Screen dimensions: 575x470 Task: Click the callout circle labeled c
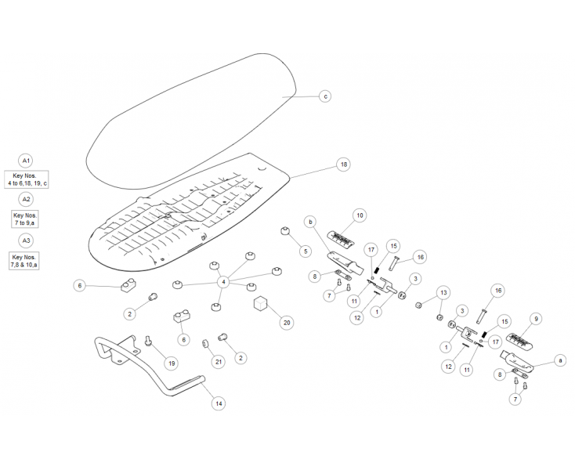point(325,96)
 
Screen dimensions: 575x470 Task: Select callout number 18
point(344,164)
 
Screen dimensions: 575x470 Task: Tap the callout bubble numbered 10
point(360,215)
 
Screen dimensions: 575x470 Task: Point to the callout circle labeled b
point(310,222)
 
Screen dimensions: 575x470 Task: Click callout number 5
point(305,251)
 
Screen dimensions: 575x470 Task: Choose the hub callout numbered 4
point(224,282)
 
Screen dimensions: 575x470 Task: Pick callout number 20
point(287,323)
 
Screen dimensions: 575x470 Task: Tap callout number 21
point(219,362)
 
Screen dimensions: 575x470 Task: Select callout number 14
point(219,403)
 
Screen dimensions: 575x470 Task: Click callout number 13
point(443,292)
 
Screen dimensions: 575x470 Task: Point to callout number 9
point(536,319)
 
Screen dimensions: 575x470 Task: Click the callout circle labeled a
point(560,361)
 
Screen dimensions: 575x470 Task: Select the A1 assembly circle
point(26,161)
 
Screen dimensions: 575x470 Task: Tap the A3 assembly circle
point(26,240)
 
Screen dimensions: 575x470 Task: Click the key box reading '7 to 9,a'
point(25,219)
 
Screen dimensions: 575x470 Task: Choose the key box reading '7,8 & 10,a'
point(24,261)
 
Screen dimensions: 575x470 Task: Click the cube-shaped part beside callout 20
point(260,304)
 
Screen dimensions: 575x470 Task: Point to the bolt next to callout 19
point(149,341)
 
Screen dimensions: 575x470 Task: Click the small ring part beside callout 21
point(205,344)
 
